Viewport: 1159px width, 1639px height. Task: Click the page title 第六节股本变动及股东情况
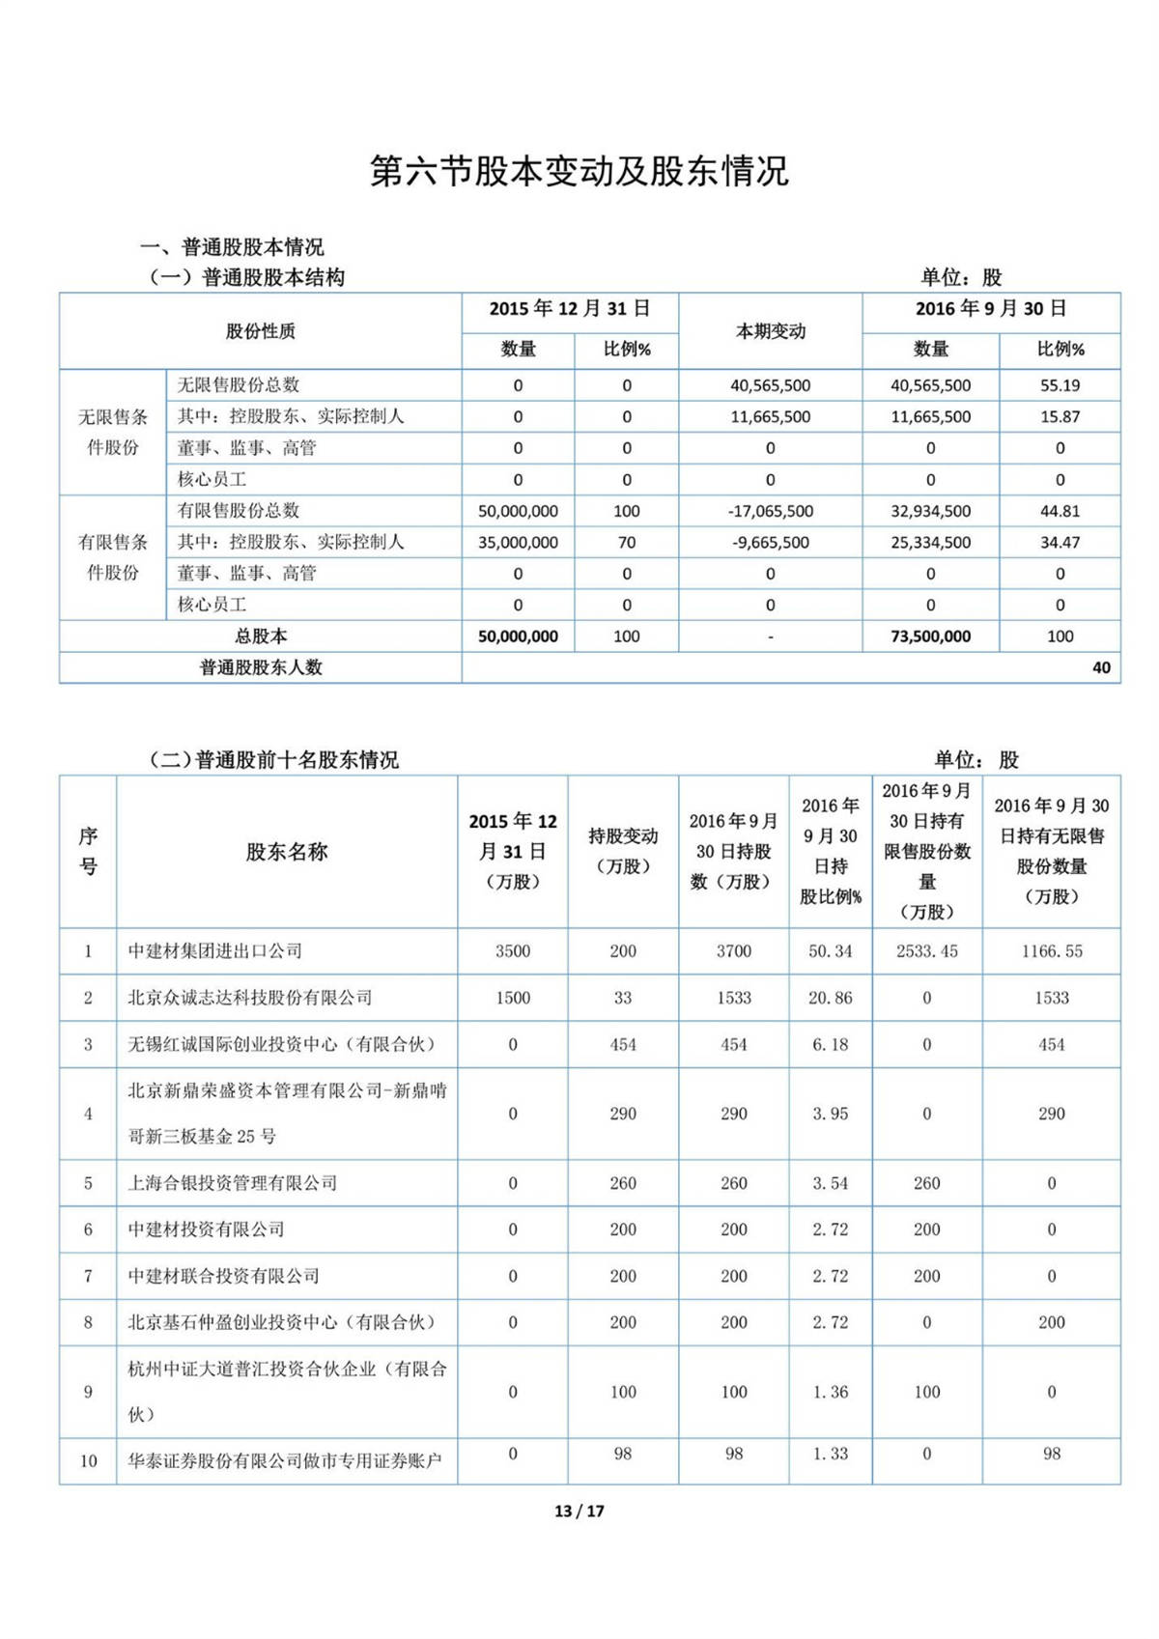(x=579, y=171)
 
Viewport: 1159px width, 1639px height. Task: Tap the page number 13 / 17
(x=579, y=1511)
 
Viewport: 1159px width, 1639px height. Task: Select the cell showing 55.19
(x=1060, y=385)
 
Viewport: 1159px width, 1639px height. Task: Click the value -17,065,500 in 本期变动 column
(x=770, y=511)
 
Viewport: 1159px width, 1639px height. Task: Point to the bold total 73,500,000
(x=930, y=636)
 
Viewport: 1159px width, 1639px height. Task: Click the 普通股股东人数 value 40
(x=1101, y=667)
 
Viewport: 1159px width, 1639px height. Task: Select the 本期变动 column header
(x=770, y=331)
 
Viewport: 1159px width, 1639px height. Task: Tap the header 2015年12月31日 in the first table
(x=569, y=309)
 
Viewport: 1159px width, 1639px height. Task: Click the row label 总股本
(x=261, y=636)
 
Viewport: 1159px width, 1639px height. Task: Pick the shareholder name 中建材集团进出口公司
(x=215, y=951)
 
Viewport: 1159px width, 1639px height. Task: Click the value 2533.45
(x=926, y=951)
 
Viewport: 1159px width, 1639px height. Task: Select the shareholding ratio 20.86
(x=830, y=998)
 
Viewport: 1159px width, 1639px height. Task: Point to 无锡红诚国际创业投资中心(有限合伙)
(x=282, y=1044)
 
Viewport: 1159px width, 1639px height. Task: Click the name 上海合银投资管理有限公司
(x=233, y=1183)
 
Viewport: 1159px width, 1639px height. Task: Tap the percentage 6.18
(x=830, y=1044)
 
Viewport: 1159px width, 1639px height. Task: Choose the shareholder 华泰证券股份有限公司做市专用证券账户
(x=285, y=1461)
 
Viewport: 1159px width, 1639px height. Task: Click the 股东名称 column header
(x=287, y=852)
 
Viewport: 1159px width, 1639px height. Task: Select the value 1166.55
(x=1052, y=951)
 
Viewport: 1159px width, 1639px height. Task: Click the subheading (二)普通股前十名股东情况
(x=273, y=760)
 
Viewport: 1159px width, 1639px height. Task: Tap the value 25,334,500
(x=930, y=543)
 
